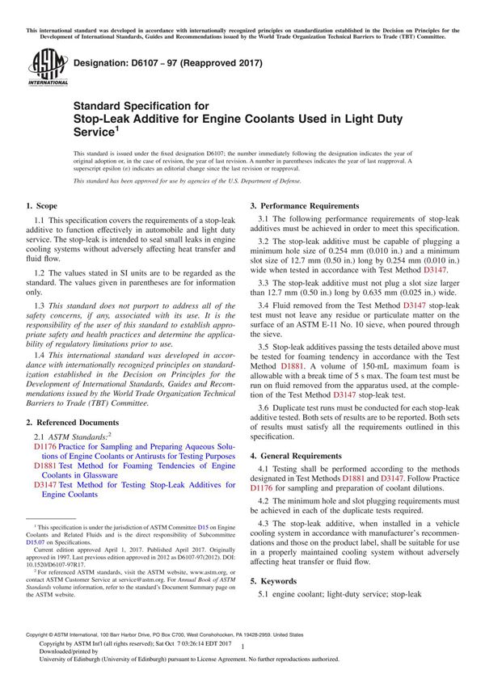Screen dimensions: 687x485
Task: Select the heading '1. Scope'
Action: (41, 208)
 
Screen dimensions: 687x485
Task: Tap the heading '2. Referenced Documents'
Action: (72, 422)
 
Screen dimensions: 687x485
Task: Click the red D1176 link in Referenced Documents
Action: (45, 446)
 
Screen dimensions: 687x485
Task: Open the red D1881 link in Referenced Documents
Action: (45, 466)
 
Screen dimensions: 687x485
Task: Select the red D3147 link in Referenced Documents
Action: (45, 484)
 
